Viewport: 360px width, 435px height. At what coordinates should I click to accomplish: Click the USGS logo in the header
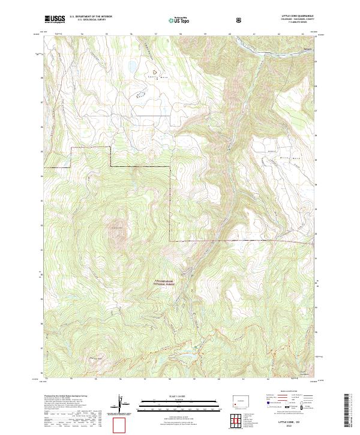tap(55, 19)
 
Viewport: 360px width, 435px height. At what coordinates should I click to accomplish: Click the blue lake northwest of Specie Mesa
tap(130, 67)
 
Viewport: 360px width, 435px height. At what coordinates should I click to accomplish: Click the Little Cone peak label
tap(117, 227)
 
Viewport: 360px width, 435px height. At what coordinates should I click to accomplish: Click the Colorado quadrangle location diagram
tap(239, 400)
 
